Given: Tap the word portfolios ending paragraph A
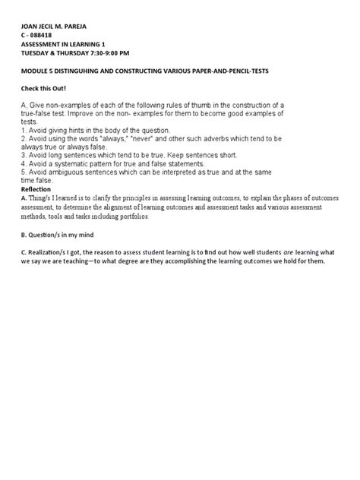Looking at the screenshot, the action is (131, 216).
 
